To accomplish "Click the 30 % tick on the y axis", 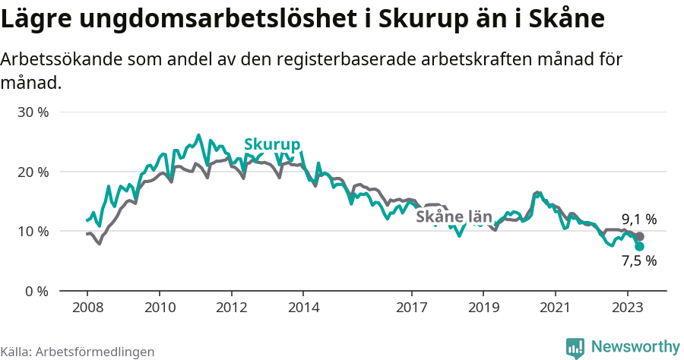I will click(x=33, y=112).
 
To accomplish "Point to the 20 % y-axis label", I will click(x=33, y=172).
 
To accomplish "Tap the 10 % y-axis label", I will click(x=33, y=231).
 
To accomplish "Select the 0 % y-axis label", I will click(x=36, y=291).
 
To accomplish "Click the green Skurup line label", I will click(x=272, y=145).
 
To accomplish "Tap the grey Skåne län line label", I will click(x=454, y=217).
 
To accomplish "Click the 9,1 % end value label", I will click(x=639, y=219).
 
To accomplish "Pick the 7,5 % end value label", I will click(x=639, y=261).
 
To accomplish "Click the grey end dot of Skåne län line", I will click(x=639, y=237).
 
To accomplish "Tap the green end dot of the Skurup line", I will click(x=639, y=246).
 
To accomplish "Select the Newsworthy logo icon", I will click(x=575, y=348).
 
